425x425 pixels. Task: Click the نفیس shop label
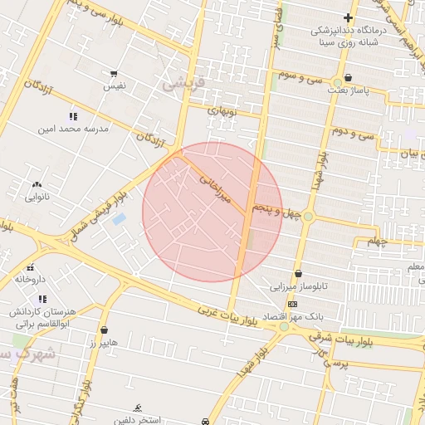click(115, 85)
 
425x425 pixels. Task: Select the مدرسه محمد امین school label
click(73, 129)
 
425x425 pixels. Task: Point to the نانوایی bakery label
click(37, 197)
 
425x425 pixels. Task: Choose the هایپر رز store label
click(104, 342)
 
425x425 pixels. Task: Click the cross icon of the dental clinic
click(348, 17)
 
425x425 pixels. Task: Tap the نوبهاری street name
click(220, 110)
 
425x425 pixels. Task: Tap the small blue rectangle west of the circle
click(119, 219)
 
